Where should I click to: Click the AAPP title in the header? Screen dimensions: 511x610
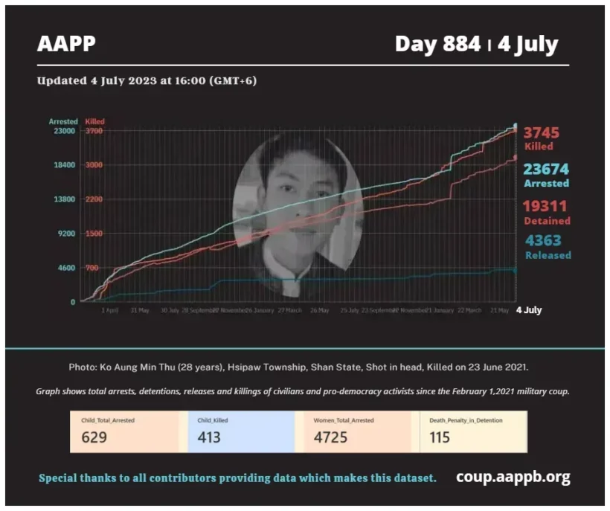point(66,44)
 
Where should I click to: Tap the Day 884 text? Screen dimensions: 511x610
point(437,44)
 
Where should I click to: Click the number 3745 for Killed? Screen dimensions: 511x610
point(541,132)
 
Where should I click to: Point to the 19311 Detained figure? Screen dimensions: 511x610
point(547,207)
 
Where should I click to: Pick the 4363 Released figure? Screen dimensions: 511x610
point(543,240)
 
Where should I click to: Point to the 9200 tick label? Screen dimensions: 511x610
point(65,234)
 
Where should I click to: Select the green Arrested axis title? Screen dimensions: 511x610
point(63,121)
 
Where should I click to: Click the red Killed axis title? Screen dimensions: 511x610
point(95,121)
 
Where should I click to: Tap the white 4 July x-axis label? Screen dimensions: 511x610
point(529,310)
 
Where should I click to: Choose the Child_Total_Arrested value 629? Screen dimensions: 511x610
point(94,437)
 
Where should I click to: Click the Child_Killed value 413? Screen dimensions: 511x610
point(209,437)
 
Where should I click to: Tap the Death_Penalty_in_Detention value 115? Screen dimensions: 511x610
point(440,437)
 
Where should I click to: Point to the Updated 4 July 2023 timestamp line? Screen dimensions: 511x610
point(147,81)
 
